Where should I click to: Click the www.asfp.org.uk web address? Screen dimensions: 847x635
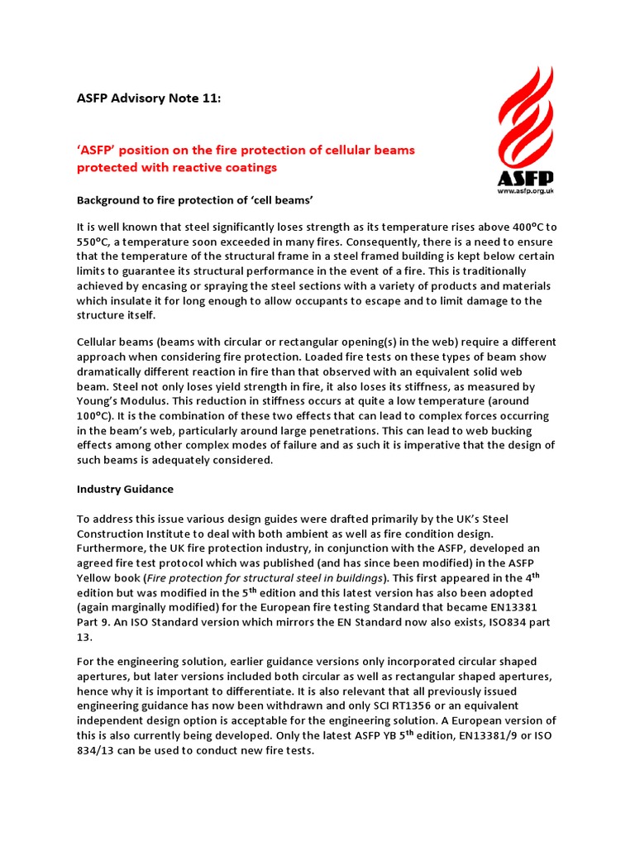coord(525,191)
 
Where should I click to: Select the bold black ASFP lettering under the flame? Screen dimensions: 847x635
coord(525,178)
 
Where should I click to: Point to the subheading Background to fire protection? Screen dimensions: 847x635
coord(195,200)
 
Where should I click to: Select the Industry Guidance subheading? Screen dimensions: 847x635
coord(125,490)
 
